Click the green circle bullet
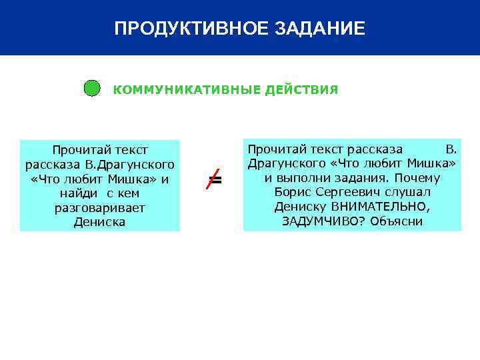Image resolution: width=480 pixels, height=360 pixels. (92, 89)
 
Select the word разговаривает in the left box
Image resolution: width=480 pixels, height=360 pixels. (100, 208)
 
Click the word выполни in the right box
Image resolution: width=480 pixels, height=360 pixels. (297, 177)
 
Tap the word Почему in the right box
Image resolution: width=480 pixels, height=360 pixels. (417, 177)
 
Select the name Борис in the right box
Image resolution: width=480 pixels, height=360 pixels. (289, 192)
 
